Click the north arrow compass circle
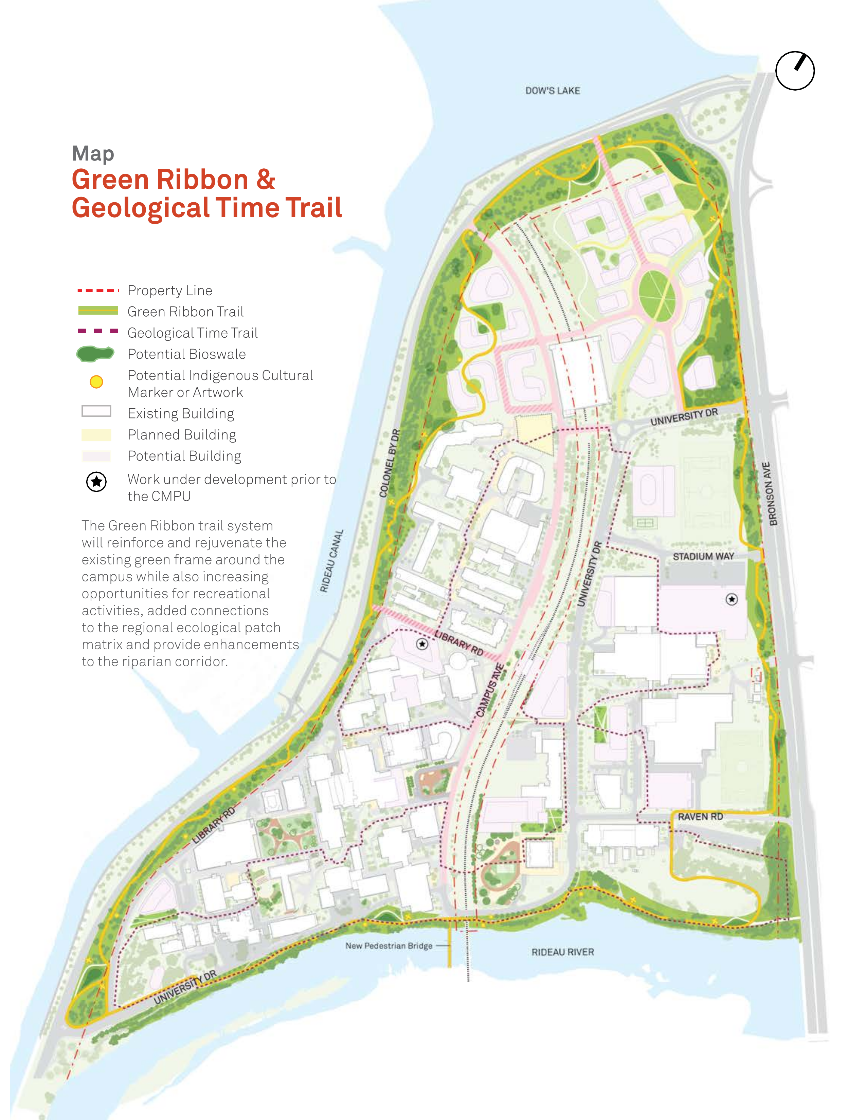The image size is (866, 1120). [795, 71]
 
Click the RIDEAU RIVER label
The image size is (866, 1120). [562, 952]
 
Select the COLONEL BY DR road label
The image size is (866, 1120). [390, 463]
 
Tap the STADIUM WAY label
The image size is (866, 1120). [703, 556]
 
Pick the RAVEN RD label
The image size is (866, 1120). [700, 816]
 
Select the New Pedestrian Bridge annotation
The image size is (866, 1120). [389, 945]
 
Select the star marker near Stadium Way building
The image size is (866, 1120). [731, 599]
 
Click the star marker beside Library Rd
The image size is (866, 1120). [422, 643]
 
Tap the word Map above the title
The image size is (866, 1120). [93, 153]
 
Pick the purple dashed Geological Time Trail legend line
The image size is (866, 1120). [97, 331]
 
